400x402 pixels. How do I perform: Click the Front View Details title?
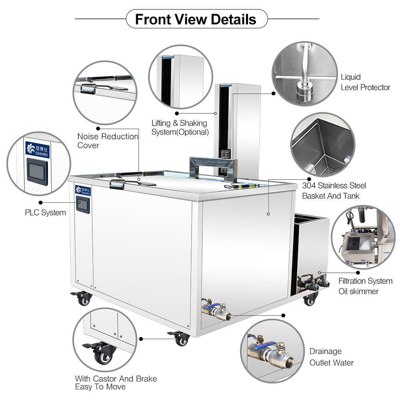[x=196, y=19]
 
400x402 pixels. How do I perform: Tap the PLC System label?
[x=45, y=212]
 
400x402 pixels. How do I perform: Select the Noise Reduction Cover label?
[x=108, y=141]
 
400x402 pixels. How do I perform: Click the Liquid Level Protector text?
[x=365, y=82]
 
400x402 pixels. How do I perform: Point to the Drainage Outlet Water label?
[x=332, y=357]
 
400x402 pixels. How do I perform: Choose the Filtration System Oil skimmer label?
[x=365, y=286]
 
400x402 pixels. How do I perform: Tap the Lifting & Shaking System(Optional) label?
[x=180, y=127]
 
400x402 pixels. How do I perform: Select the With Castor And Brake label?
[x=116, y=382]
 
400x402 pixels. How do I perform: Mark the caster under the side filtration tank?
[x=310, y=299]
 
